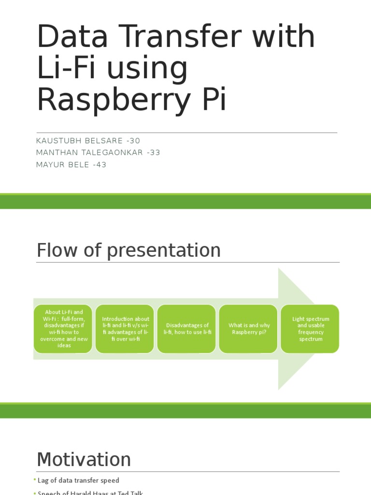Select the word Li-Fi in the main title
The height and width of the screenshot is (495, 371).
click(68, 69)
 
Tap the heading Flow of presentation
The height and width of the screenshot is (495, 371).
click(128, 250)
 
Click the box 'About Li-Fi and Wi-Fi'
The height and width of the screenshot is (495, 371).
click(63, 329)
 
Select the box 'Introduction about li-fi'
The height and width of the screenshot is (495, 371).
click(125, 329)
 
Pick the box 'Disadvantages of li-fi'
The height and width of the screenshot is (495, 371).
click(187, 329)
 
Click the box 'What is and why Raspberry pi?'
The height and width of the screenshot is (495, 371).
click(249, 329)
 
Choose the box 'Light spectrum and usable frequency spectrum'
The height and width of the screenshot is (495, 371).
click(310, 329)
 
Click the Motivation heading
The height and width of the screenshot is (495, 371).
click(84, 459)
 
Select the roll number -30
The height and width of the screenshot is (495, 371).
click(132, 141)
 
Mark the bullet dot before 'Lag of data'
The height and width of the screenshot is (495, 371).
click(35, 480)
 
